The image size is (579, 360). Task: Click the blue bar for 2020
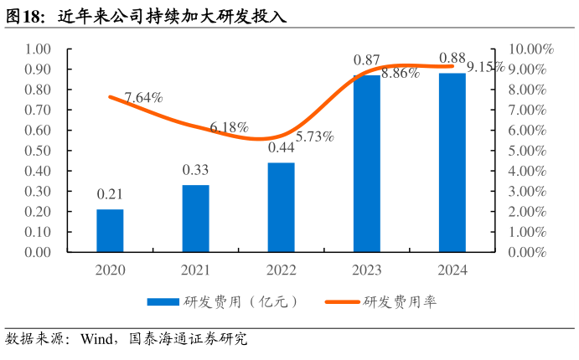pyautogui.click(x=110, y=230)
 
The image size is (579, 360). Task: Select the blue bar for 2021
pyautogui.click(x=195, y=219)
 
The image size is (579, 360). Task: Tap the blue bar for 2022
pyautogui.click(x=281, y=207)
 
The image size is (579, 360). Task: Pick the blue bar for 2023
pyautogui.click(x=366, y=163)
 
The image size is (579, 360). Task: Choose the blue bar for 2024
pyautogui.click(x=452, y=162)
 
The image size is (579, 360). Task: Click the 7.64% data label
pyautogui.click(x=143, y=98)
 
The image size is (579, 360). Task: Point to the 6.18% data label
pyautogui.click(x=229, y=127)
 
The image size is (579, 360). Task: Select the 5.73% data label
pyautogui.click(x=315, y=136)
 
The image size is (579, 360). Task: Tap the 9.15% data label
pyautogui.click(x=485, y=67)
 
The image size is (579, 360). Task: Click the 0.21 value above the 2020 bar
pyautogui.click(x=110, y=194)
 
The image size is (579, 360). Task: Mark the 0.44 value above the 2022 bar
pyautogui.click(x=281, y=147)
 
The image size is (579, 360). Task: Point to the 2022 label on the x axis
pyautogui.click(x=281, y=270)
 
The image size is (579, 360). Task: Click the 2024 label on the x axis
pyautogui.click(x=452, y=270)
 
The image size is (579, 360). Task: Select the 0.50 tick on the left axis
pyautogui.click(x=39, y=151)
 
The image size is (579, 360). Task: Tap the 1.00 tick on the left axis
pyautogui.click(x=39, y=49)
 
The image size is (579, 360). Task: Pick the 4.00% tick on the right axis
pyautogui.click(x=532, y=171)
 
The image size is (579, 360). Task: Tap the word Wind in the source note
pyautogui.click(x=96, y=339)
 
